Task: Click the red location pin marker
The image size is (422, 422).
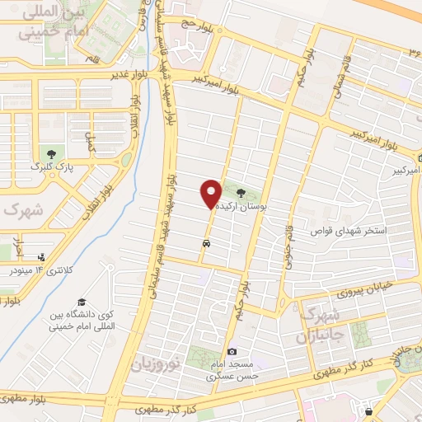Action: click(x=211, y=194)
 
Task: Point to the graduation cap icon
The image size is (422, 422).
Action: click(x=81, y=302)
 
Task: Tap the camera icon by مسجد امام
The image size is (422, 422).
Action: click(x=232, y=352)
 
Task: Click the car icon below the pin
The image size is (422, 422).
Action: click(x=204, y=244)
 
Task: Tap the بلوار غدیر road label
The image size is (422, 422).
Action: click(x=132, y=74)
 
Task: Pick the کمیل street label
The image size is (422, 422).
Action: click(x=93, y=140)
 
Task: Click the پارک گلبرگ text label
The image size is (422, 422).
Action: click(x=53, y=166)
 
